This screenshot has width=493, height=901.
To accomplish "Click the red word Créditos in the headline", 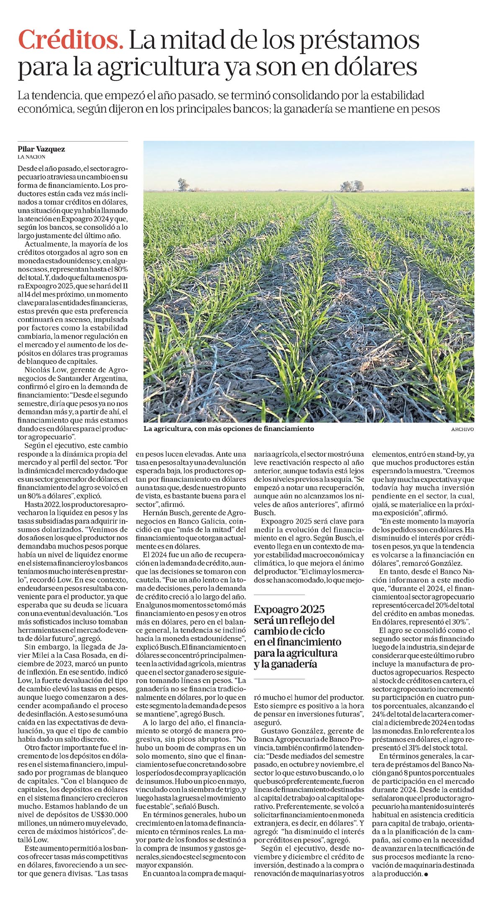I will [71, 41].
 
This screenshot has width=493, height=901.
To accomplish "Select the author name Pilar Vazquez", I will [41, 149].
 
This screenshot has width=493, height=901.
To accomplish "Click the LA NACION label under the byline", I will [31, 157].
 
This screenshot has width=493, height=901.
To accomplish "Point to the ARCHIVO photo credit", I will [462, 429].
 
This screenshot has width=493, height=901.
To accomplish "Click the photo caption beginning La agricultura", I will [228, 429].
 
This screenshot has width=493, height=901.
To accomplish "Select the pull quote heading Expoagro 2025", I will [289, 609].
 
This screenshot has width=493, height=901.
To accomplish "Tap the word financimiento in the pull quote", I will [310, 642].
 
